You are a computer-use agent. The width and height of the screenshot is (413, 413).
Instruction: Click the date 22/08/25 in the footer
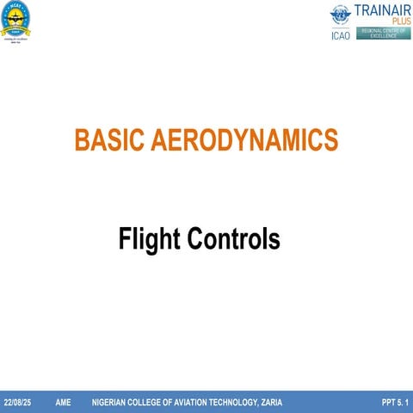(17, 403)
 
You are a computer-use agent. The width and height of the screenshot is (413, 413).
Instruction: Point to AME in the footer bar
(63, 403)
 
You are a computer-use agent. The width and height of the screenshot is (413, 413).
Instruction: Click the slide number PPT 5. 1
(393, 403)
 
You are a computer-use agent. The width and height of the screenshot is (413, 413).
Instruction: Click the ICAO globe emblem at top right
(342, 15)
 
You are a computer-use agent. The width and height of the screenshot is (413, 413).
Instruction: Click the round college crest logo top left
(17, 16)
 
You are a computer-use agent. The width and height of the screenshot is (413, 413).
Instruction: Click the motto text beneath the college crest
(17, 40)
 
